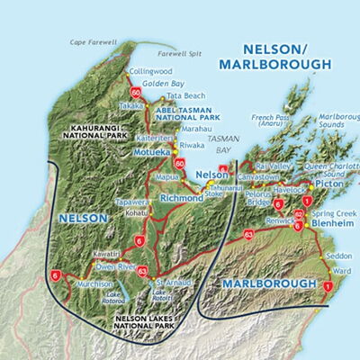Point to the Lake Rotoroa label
coord(115,293)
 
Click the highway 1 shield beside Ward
coord(328,285)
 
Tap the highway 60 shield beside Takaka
coord(136,93)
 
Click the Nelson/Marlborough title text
coord(289,55)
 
